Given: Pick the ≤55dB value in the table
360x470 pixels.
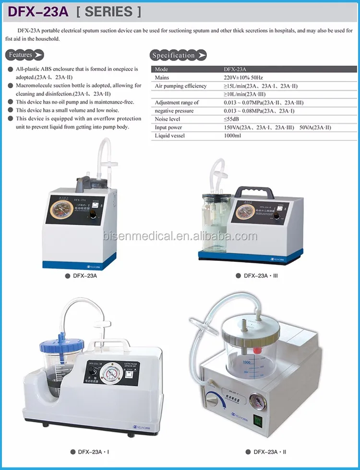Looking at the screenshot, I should (x=232, y=119).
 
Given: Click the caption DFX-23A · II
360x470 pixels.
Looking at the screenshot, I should (x=270, y=452).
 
